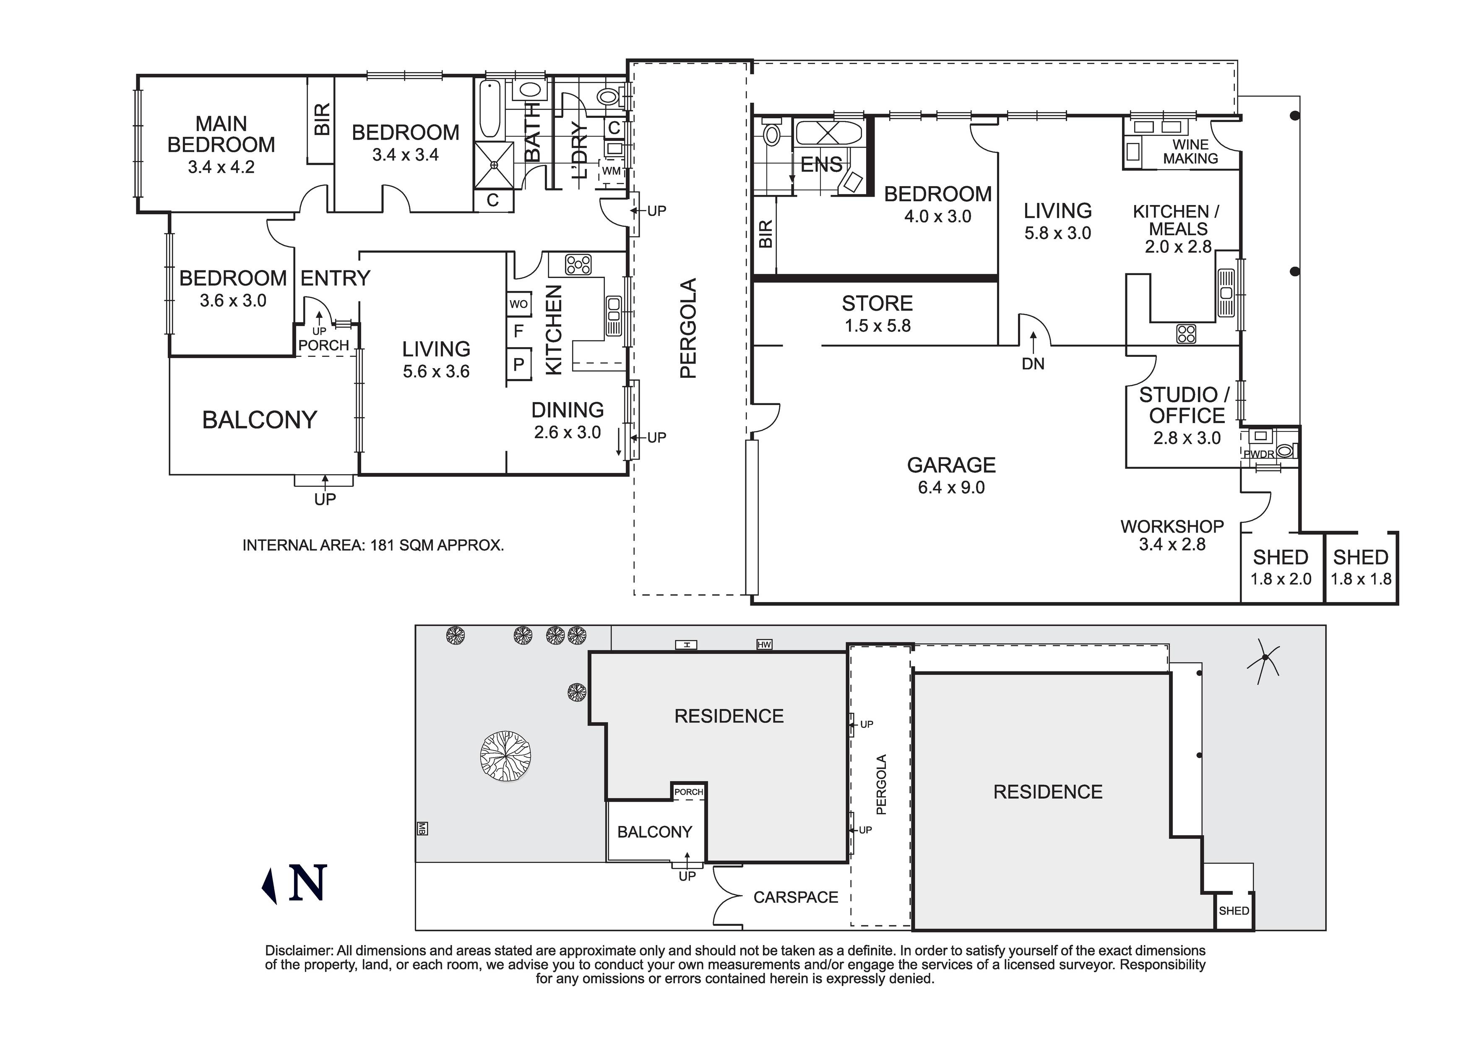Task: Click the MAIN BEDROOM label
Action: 221,135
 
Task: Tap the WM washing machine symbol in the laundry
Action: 611,171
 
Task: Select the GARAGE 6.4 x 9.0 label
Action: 951,475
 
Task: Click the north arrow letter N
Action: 308,883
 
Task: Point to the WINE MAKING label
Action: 1190,152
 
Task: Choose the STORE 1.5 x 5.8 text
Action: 877,314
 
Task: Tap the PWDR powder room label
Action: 1259,454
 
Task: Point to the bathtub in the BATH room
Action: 489,109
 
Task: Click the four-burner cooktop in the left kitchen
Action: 578,265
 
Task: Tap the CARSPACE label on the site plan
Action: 796,897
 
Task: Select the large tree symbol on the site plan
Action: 505,756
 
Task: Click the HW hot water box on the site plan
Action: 764,644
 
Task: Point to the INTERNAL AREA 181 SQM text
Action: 373,545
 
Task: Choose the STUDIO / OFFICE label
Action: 1186,405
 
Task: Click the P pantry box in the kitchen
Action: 518,364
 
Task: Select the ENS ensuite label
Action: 821,165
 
